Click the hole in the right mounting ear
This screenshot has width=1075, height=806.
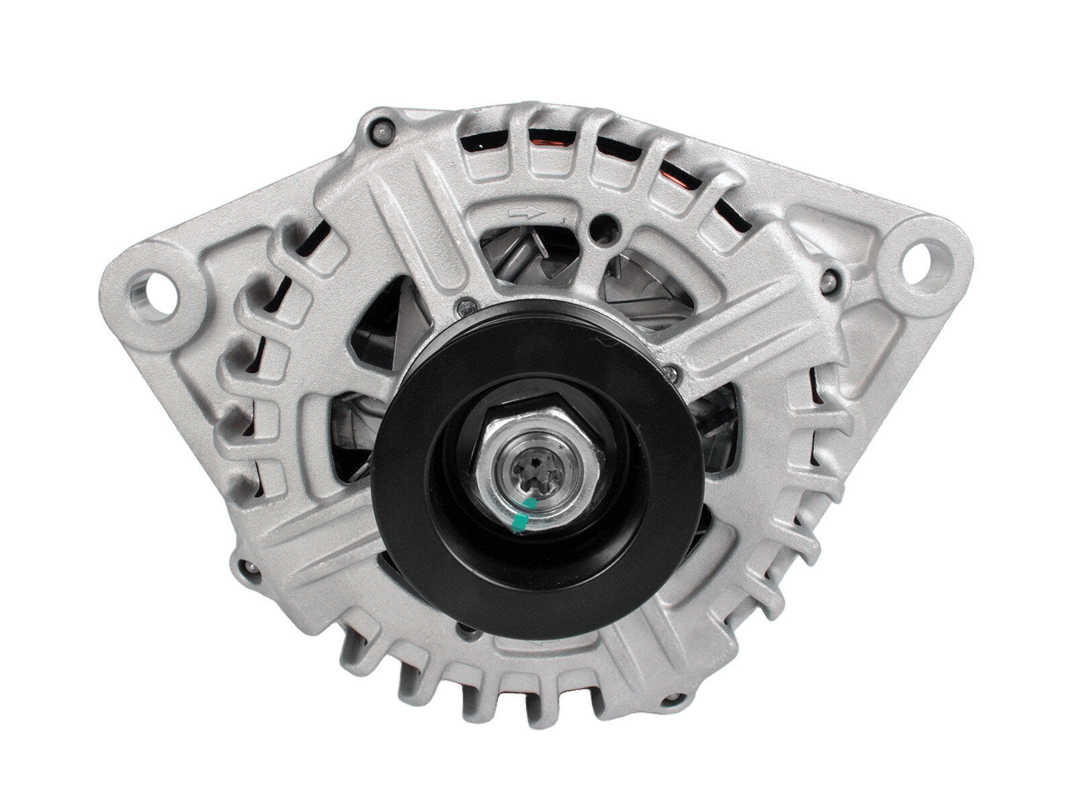tap(929, 258)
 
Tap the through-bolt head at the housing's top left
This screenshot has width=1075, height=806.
tap(382, 129)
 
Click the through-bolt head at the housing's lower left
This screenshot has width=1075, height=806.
tap(250, 568)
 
